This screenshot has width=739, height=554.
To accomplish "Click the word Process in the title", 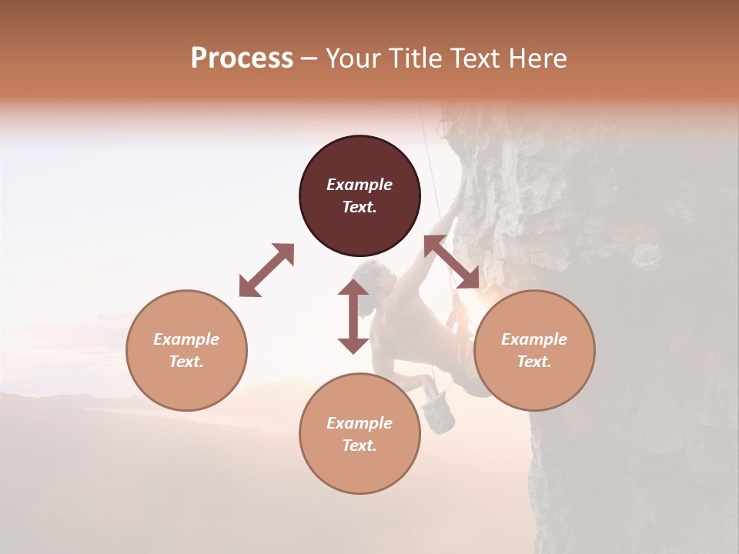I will point(242,58).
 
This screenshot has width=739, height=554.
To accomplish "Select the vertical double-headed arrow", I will point(353,316).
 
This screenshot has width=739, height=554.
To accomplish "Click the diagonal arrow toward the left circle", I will point(266,270).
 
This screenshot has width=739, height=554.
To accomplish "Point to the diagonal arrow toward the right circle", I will point(452,262).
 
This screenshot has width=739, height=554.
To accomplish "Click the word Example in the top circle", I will point(359,185).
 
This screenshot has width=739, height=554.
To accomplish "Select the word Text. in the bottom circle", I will point(359,446).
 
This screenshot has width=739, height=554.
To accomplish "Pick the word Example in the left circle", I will point(186,339).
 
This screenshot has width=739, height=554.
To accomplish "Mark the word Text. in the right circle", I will point(534,362).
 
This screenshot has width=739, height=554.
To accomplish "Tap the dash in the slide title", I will point(309,59).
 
